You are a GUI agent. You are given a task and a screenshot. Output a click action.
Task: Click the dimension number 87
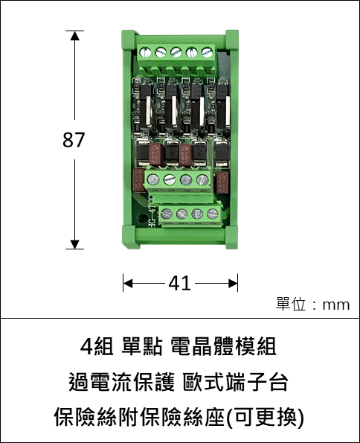(x=74, y=139)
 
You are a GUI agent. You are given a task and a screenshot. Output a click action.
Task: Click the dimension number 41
(x=179, y=284)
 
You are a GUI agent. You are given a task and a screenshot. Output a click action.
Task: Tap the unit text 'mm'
(x=336, y=305)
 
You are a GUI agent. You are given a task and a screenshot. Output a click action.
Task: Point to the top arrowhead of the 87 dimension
(x=75, y=36)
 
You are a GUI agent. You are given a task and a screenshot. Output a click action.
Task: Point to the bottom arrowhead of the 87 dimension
(x=75, y=244)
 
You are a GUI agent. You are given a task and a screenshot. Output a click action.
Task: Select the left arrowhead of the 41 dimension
(x=128, y=284)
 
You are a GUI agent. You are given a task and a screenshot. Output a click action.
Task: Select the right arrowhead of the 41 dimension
(x=233, y=284)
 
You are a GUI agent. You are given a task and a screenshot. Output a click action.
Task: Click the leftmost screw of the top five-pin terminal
(x=146, y=52)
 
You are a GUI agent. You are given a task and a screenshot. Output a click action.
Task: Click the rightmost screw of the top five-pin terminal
(x=207, y=52)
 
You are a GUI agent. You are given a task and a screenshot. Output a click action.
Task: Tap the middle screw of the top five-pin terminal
(x=176, y=52)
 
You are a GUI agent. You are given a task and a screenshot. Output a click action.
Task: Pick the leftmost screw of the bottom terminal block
(x=167, y=214)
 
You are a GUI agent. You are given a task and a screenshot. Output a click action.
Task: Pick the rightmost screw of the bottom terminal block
(x=212, y=214)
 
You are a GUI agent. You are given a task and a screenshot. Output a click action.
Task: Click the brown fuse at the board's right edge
(x=222, y=183)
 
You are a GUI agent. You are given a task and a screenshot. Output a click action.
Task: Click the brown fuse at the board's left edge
(x=138, y=180)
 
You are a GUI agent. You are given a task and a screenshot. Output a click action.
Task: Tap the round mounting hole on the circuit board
(x=141, y=218)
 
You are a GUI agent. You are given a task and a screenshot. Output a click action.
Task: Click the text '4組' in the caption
(x=97, y=347)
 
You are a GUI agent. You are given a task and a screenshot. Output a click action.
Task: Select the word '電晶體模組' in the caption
(x=224, y=347)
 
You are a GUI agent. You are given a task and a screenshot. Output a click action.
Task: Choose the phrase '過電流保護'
(x=122, y=382)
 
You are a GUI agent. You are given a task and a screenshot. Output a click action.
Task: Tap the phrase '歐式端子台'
(x=236, y=382)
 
